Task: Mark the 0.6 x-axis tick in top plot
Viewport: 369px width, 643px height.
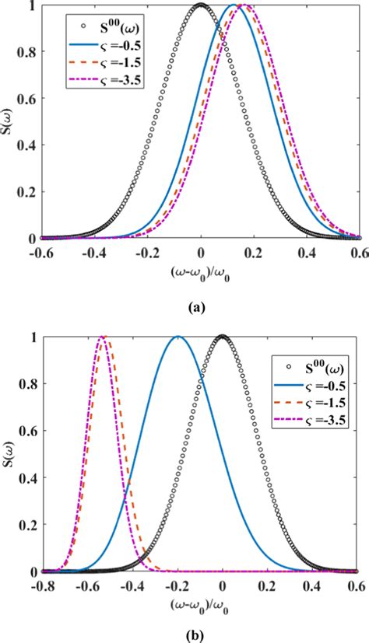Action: coord(359,253)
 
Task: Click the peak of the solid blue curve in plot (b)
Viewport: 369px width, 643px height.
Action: coord(177,337)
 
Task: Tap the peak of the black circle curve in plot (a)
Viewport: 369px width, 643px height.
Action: coord(201,5)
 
